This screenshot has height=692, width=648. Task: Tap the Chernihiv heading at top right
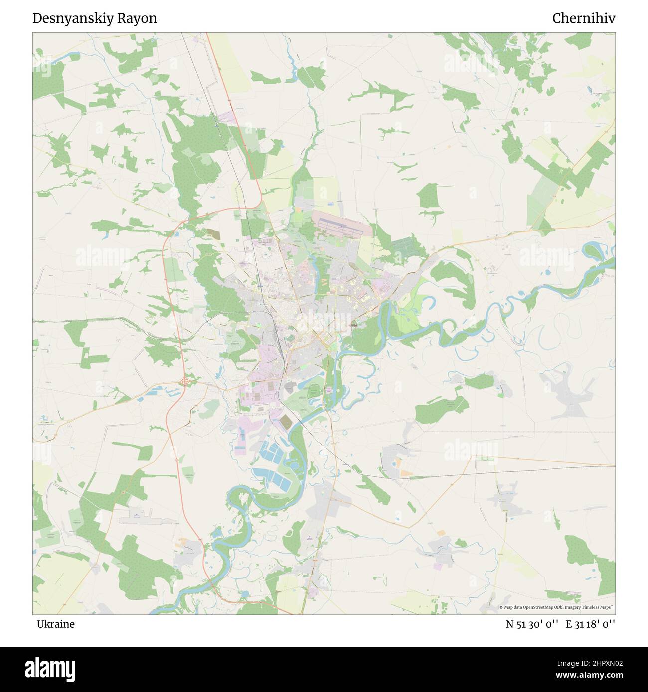(583, 19)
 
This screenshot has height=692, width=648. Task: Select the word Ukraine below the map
(55, 624)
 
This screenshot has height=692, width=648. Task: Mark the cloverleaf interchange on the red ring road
(185, 382)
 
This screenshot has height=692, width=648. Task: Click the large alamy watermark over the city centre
(324, 319)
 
